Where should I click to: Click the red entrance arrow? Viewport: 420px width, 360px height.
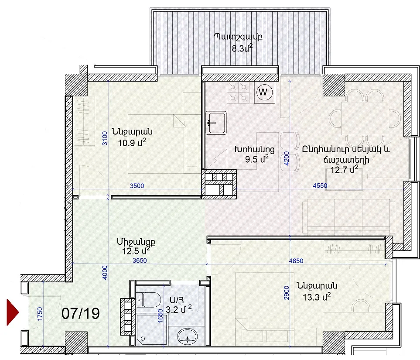pos(12,312)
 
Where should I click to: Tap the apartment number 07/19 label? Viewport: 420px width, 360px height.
pos(81,313)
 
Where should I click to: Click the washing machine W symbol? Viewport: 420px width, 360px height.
pos(265,92)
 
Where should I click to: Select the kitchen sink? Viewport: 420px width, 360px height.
pos(216,123)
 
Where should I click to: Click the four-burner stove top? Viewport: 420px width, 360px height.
pos(238,92)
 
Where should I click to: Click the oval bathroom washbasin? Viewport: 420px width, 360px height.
pos(187,337)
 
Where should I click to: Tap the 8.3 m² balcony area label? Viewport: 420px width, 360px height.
pos(242,48)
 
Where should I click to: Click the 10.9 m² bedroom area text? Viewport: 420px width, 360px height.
pos(132,143)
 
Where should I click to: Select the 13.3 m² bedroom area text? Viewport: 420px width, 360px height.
pos(317,297)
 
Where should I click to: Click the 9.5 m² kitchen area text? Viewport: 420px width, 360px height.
pos(256,159)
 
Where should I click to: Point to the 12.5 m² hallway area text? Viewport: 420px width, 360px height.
pos(136,251)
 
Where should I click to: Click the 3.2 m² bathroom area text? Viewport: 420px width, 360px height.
pos(179,309)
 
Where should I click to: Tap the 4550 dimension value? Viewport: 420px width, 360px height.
pos(320,185)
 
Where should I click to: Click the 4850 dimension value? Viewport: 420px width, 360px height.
pos(296,261)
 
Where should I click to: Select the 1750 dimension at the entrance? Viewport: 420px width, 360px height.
pos(40,314)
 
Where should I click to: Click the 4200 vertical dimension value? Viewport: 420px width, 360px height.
pos(287,159)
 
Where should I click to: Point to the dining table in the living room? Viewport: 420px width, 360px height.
pos(365,118)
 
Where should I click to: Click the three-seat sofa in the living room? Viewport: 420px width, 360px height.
pos(348,216)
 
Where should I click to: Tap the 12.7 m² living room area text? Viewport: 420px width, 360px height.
pos(344,169)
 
